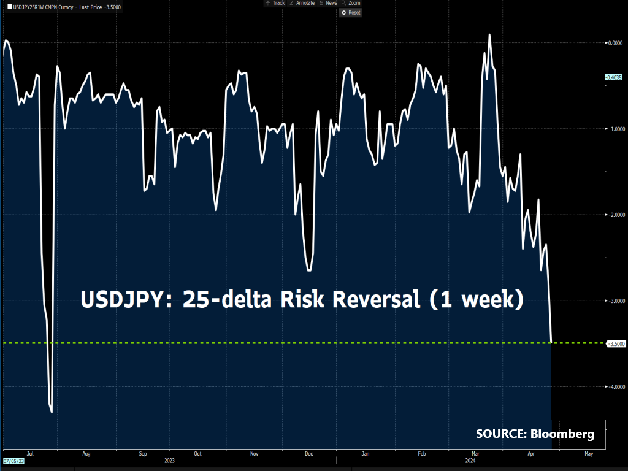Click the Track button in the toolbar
point(275,3)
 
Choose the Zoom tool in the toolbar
point(351,3)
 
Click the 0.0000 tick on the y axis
point(615,43)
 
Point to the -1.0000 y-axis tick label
point(615,129)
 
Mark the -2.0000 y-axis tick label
point(615,215)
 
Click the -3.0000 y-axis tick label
point(615,301)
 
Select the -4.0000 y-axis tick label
point(615,386)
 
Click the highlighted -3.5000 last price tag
point(615,344)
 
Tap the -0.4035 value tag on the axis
point(615,78)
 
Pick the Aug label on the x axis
point(86,454)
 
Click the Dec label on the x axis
point(309,454)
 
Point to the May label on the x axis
point(589,454)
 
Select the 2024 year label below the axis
point(470,460)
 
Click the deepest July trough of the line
point(52,412)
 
